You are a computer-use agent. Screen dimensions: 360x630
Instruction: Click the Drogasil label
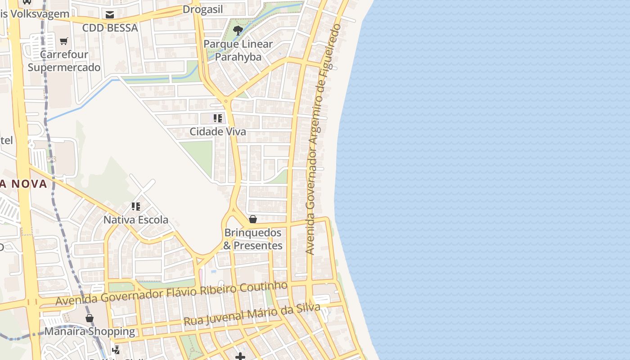(202, 10)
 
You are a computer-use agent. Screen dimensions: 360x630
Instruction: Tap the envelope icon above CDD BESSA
(110, 15)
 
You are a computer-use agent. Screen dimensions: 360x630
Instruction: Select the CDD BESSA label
(110, 28)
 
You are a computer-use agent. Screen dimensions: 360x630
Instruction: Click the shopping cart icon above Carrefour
(64, 41)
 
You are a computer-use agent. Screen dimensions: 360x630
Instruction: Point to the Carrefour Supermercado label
(64, 61)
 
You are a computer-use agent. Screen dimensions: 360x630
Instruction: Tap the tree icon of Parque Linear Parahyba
(238, 31)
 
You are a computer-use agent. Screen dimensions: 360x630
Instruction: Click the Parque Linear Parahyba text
(238, 50)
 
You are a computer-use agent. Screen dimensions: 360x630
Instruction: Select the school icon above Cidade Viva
(218, 118)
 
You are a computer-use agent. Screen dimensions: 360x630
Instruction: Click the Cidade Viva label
(218, 132)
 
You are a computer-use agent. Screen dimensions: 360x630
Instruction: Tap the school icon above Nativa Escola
(136, 207)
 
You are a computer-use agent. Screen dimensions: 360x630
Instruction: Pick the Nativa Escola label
(136, 220)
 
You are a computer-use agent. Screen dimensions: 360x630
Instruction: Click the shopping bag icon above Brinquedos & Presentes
(253, 219)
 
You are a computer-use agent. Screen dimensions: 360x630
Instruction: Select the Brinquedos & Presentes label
(253, 239)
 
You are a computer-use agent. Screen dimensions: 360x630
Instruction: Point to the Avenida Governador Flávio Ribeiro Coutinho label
(171, 293)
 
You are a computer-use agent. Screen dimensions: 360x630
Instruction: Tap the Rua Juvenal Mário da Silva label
(252, 315)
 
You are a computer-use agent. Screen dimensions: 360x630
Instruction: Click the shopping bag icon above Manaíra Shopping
(90, 318)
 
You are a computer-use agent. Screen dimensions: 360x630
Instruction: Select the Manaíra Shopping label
(90, 332)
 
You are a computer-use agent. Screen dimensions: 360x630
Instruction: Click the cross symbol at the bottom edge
(240, 357)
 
